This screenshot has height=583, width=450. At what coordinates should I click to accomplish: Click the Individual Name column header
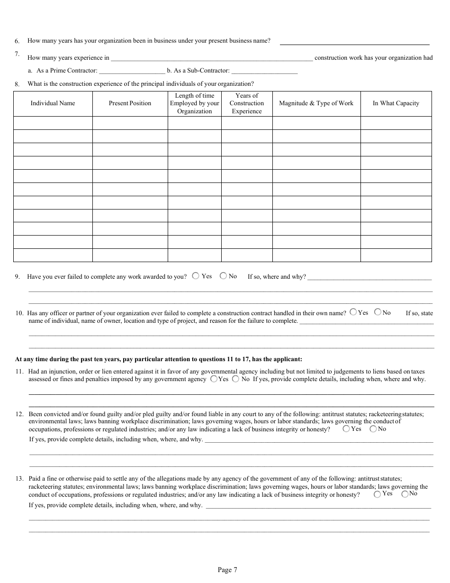pos(53,103)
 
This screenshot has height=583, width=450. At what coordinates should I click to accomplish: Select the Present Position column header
pos(130,103)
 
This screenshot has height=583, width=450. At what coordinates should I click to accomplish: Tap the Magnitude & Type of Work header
pos(316,103)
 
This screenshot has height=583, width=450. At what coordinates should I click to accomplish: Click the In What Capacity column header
pos(396,103)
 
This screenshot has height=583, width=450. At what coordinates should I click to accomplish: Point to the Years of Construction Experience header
pos(246,103)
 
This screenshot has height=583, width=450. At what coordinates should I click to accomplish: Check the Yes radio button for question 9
pos(196,276)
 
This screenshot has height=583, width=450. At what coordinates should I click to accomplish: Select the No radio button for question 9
pos(223,276)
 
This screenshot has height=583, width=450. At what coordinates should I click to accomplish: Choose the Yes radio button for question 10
pos(353,312)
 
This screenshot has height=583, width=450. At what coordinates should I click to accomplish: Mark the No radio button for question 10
pos(378,312)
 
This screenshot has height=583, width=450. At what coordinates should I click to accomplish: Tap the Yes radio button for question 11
pos(214,379)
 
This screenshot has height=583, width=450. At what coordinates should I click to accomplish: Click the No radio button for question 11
pos(235,379)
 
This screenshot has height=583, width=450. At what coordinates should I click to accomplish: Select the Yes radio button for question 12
pos(346,429)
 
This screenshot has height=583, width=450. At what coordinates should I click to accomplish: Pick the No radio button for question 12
pos(373,429)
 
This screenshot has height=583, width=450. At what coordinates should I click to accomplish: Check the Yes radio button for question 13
pos(377,494)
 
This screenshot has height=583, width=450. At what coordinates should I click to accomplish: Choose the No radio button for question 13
pos(405,494)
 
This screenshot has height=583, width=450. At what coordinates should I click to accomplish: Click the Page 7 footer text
pos(227,570)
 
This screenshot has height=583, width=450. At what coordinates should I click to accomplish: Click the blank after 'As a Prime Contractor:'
pos(132,72)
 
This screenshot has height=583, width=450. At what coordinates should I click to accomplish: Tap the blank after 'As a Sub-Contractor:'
pos(264,72)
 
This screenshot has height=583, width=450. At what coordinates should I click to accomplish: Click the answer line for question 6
pos(354,42)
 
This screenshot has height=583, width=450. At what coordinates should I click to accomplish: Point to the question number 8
pos(17,84)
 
